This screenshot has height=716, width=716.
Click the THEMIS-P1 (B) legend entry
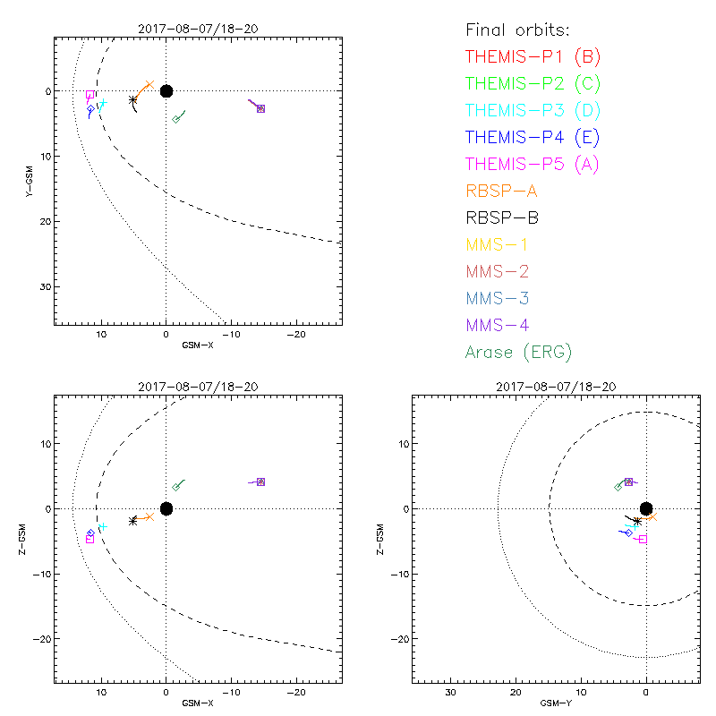533,57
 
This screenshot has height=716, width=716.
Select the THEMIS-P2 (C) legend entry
533,84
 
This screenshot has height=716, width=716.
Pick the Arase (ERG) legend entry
518,352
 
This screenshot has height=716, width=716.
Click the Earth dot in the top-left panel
166,90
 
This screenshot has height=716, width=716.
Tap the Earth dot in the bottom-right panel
646,508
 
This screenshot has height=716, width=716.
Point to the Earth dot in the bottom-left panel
166,508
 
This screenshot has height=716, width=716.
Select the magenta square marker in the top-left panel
90,95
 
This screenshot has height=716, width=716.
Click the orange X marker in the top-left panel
149,84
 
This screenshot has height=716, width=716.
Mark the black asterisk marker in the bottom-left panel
133,520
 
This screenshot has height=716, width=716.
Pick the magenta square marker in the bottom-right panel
643,539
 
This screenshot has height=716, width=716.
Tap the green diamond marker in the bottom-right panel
618,487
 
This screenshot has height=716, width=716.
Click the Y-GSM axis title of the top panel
30,180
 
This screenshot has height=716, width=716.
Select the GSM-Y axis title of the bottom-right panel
556,703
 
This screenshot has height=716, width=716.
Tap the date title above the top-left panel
199,28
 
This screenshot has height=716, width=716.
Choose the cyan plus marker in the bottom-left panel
102,526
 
